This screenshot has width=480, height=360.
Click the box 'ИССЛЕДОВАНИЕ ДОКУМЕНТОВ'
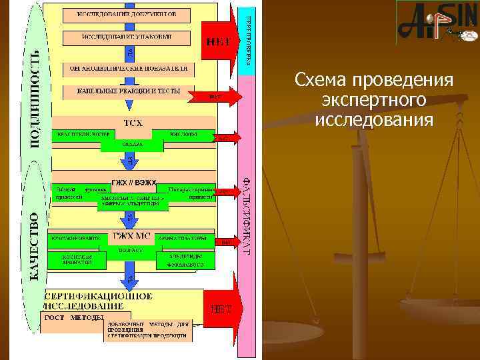click(x=127, y=14)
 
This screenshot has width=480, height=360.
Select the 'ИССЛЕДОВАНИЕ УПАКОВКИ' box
click(x=127, y=37)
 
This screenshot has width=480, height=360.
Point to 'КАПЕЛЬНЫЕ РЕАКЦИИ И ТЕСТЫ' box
click(x=127, y=91)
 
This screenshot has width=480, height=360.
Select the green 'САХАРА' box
click(x=130, y=145)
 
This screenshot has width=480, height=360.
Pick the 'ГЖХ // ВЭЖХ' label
click(x=134, y=181)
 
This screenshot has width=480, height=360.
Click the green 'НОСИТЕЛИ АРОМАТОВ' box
click(x=75, y=259)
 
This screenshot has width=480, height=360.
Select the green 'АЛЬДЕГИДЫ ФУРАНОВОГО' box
click(x=185, y=259)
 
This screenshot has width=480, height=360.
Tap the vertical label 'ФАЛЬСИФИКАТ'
click(x=247, y=213)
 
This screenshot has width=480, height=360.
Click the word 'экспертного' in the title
click(x=373, y=101)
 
